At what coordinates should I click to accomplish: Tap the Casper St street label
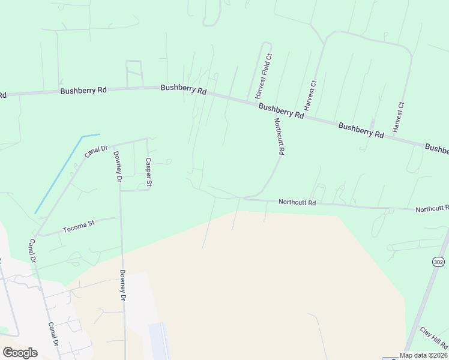[149, 172]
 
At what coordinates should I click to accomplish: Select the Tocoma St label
[78, 227]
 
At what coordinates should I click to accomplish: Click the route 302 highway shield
[438, 262]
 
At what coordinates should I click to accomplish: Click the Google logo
[20, 353]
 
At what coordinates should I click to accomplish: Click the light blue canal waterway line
[58, 174]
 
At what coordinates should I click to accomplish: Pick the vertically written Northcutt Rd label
[279, 137]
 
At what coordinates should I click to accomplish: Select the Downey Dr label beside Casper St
[118, 167]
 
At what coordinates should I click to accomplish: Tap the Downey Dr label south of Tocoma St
[123, 285]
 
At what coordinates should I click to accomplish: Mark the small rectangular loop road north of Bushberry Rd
[134, 74]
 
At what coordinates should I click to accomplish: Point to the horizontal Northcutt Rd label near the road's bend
[297, 203]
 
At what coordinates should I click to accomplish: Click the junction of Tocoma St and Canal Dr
[37, 234]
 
